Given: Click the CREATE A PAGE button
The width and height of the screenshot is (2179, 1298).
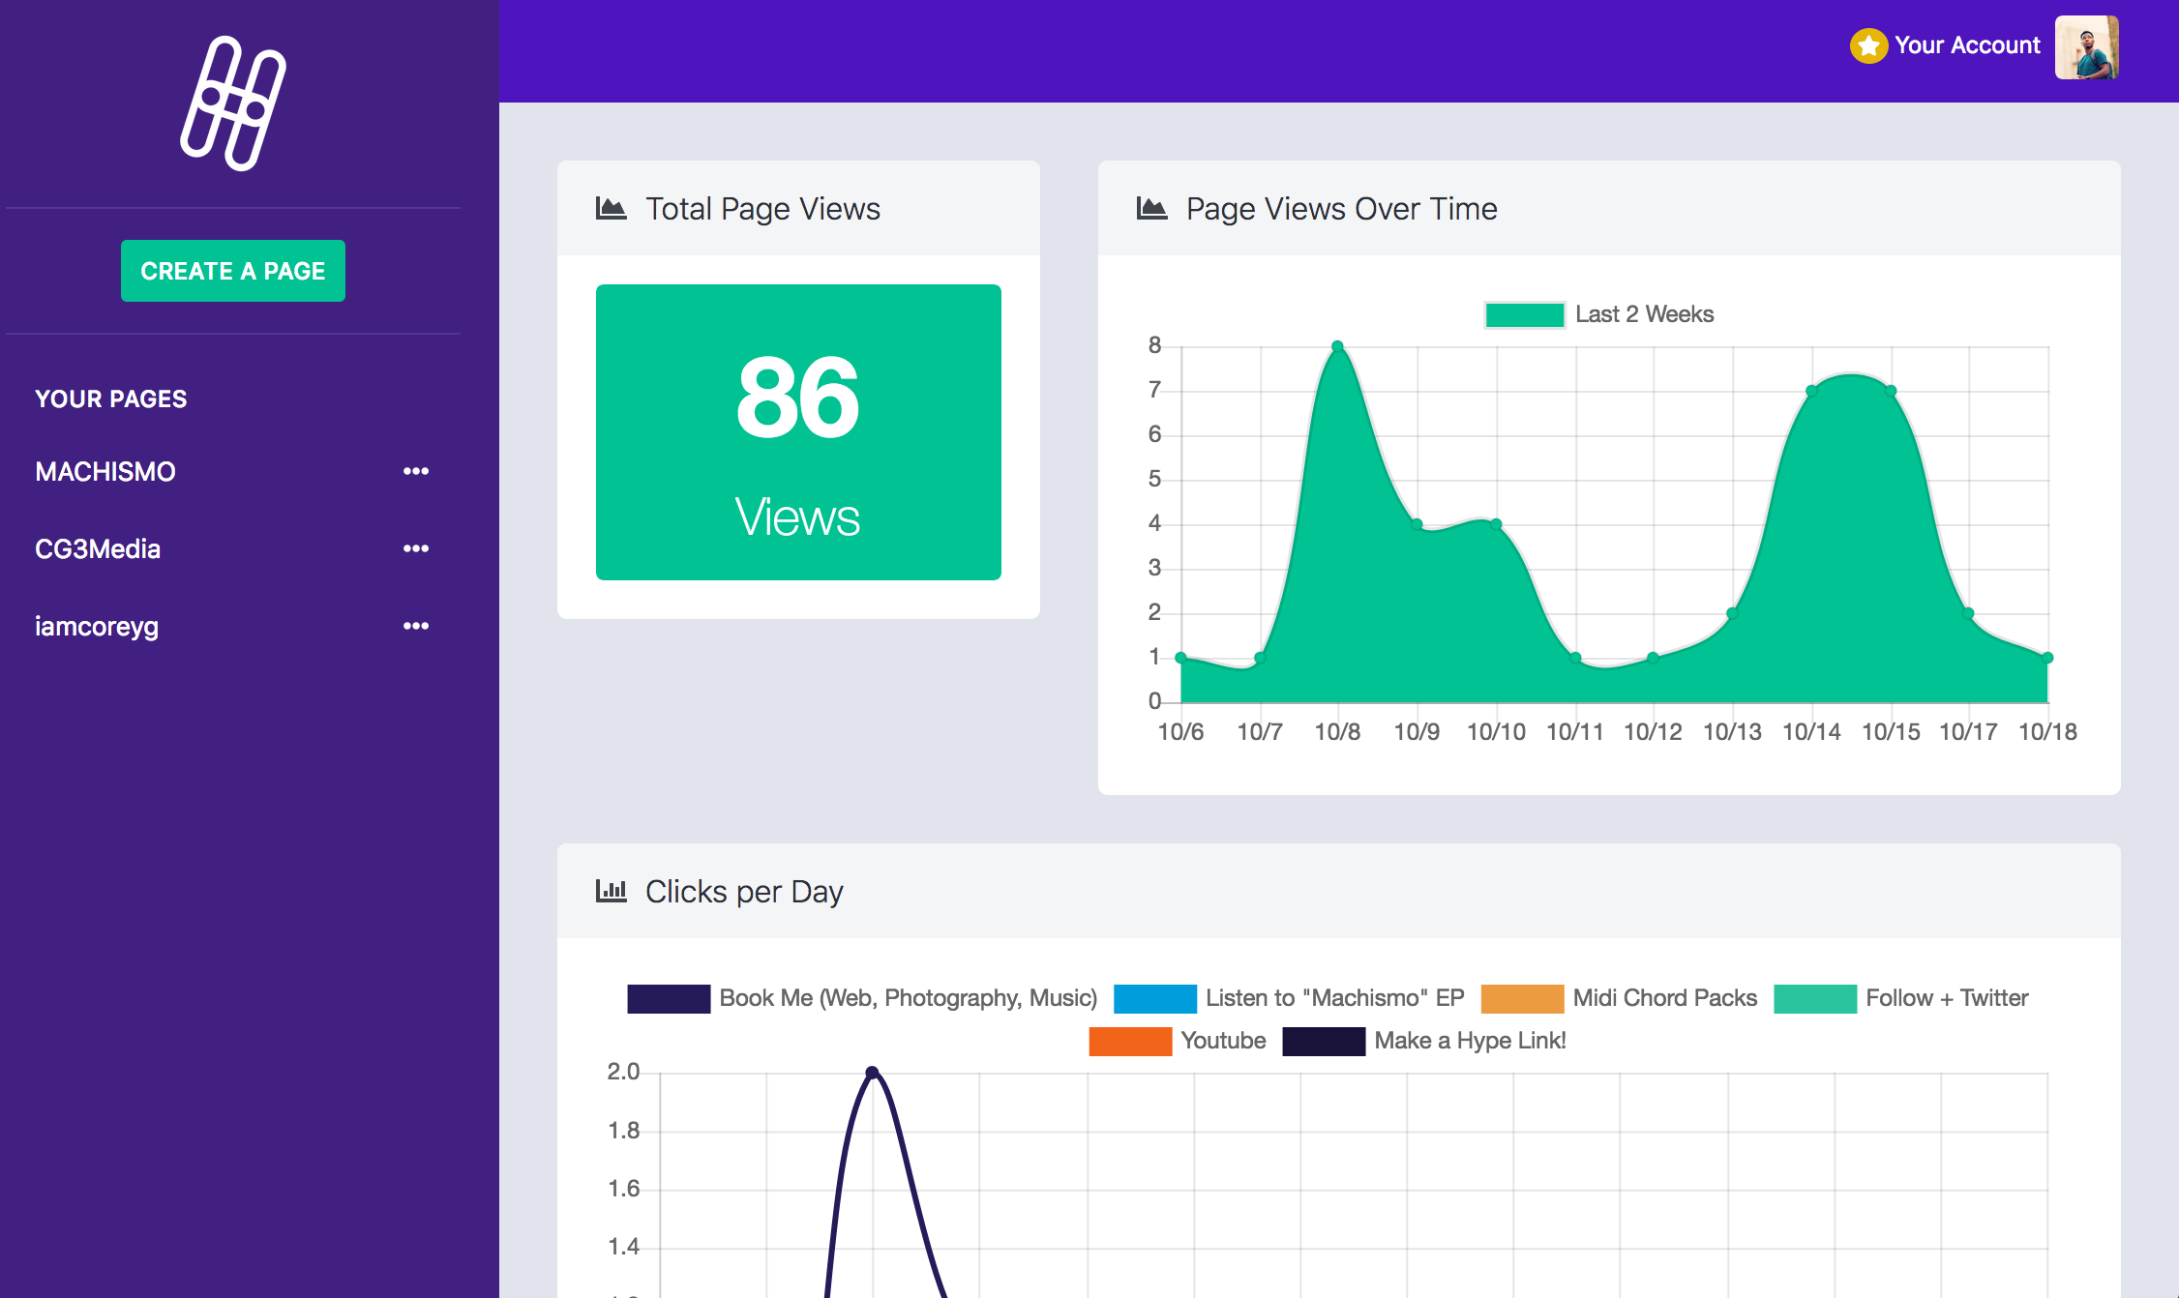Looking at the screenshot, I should [x=232, y=271].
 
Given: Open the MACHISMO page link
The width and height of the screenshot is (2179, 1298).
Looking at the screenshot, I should [x=105, y=472].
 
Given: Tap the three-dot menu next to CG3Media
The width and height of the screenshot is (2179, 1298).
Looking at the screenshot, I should [x=416, y=548].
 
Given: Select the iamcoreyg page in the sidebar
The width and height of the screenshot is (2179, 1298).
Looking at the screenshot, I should [x=97, y=627].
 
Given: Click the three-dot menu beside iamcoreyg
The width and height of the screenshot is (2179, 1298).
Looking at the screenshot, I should [x=416, y=626].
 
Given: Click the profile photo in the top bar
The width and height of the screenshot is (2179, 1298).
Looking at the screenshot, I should [x=2086, y=46].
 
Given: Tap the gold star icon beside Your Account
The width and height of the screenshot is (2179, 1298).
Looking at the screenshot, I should [x=1868, y=45].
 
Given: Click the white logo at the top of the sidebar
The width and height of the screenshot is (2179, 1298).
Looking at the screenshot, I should [x=233, y=103].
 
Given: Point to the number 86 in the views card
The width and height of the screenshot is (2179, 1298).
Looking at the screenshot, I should [x=797, y=397].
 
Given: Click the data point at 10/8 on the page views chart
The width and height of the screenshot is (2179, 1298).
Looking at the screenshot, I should [x=1337, y=346].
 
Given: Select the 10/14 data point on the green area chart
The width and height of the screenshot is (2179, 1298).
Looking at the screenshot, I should [x=1811, y=391].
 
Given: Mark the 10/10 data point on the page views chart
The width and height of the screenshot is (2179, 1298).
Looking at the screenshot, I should [x=1496, y=524].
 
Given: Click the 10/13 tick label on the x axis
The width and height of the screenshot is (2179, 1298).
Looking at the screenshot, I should [x=1732, y=732].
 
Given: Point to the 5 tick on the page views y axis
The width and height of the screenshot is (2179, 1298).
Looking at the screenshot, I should [x=1154, y=479].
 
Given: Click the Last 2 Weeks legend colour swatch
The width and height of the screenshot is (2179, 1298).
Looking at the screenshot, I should [x=1524, y=314].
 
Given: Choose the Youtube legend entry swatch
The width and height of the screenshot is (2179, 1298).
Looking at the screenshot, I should [x=1129, y=1041].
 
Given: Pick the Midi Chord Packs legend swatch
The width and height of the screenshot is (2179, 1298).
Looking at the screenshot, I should [x=1522, y=998].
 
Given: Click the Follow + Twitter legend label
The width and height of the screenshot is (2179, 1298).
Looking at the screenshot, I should [x=1947, y=998].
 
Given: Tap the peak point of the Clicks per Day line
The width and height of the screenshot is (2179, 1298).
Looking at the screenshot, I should [x=872, y=1073].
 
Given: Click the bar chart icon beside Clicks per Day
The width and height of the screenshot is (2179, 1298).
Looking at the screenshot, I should [x=611, y=891].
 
